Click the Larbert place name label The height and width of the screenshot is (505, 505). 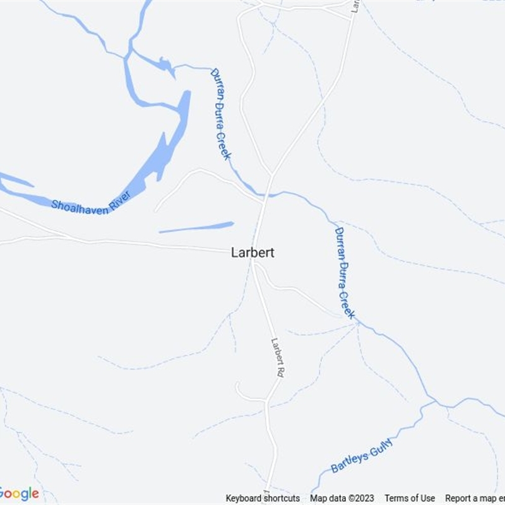pyautogui.click(x=252, y=252)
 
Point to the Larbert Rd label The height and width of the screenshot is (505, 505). pyautogui.click(x=277, y=359)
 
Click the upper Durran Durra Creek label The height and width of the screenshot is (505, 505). pyautogui.click(x=220, y=114)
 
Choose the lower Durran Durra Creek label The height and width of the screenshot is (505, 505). pyautogui.click(x=345, y=273)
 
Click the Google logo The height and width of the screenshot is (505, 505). pyautogui.click(x=19, y=494)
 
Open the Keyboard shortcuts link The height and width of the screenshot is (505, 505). pyautogui.click(x=263, y=499)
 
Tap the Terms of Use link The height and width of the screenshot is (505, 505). pyautogui.click(x=410, y=499)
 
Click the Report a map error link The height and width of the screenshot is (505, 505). pyautogui.click(x=475, y=499)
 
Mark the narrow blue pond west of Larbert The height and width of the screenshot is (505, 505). pyautogui.click(x=196, y=227)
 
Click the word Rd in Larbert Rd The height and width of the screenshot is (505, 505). pyautogui.click(x=278, y=372)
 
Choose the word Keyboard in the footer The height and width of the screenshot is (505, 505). pyautogui.click(x=244, y=499)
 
